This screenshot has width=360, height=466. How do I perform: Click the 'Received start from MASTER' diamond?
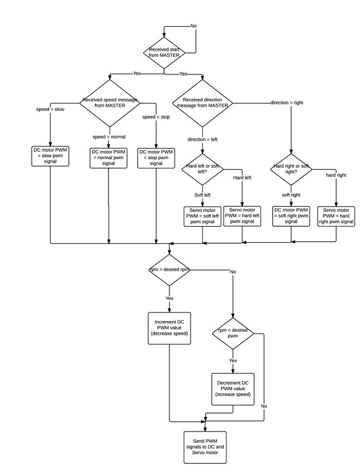point(164,52)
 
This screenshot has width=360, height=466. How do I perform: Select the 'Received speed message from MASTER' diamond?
point(109,103)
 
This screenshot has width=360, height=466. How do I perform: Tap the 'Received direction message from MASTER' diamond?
point(202,102)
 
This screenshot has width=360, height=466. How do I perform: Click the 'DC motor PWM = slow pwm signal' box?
point(50,155)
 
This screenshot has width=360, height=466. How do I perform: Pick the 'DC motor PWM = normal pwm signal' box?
point(109,157)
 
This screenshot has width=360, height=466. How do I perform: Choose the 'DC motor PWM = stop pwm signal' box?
point(156,157)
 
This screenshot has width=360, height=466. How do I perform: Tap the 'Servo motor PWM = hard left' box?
point(243,216)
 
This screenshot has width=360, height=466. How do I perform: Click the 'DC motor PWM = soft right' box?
point(291,216)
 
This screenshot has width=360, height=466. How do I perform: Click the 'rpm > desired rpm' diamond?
point(169,270)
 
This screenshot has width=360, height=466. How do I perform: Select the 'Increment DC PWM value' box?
point(169,328)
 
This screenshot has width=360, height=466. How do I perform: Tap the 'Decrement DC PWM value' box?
point(233,388)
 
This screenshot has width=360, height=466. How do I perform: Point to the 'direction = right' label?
point(286,103)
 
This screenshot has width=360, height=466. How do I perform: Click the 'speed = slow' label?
point(50,110)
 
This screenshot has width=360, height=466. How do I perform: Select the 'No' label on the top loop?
point(193,26)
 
